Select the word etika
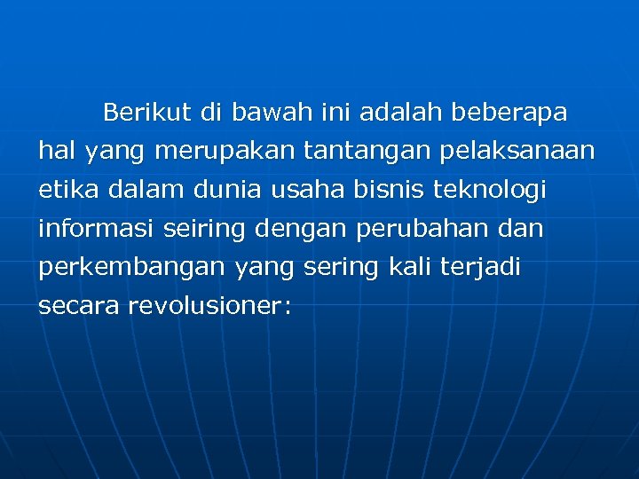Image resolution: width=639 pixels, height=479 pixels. tap(65, 190)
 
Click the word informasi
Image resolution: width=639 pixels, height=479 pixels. tap(94, 229)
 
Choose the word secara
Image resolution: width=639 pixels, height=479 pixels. tap(79, 306)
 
